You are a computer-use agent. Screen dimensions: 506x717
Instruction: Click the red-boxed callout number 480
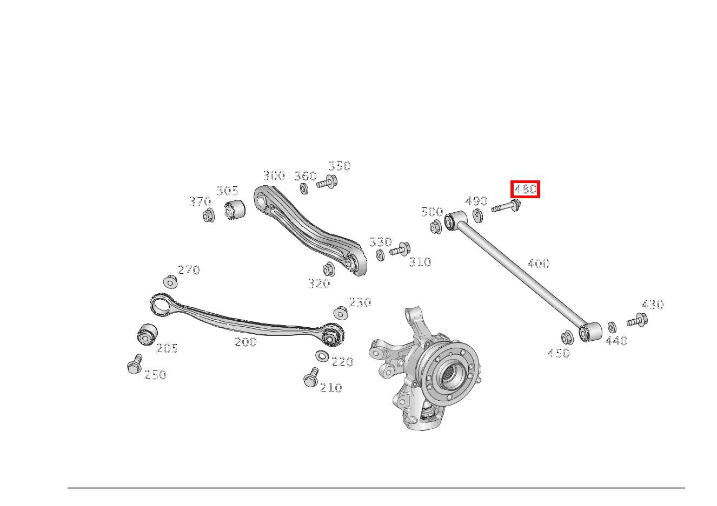525,189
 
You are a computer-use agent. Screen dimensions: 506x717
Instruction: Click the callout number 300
274,176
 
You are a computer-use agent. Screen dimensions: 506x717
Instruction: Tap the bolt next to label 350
328,183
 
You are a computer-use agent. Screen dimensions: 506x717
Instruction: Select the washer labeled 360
304,188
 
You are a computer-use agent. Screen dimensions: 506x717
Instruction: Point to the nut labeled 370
208,216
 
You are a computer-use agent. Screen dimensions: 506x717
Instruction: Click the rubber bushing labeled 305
235,210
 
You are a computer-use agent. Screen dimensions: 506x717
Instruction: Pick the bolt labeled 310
400,250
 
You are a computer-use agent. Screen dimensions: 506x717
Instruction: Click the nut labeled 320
328,268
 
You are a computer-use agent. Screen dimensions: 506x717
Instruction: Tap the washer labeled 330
380,255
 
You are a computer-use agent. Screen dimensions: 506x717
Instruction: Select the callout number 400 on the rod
538,264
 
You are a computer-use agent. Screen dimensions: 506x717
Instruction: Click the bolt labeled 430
638,321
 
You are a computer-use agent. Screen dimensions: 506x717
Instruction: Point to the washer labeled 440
612,327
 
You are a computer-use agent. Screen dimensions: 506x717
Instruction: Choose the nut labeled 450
567,338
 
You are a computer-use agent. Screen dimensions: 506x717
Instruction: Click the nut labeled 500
435,227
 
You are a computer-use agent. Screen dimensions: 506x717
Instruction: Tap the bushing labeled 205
147,334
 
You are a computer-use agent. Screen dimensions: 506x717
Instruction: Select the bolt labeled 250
135,365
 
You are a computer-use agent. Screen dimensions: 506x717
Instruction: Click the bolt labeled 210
311,378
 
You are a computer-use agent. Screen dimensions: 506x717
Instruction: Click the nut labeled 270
170,282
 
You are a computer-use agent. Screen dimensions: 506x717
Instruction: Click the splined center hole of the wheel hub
451,374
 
